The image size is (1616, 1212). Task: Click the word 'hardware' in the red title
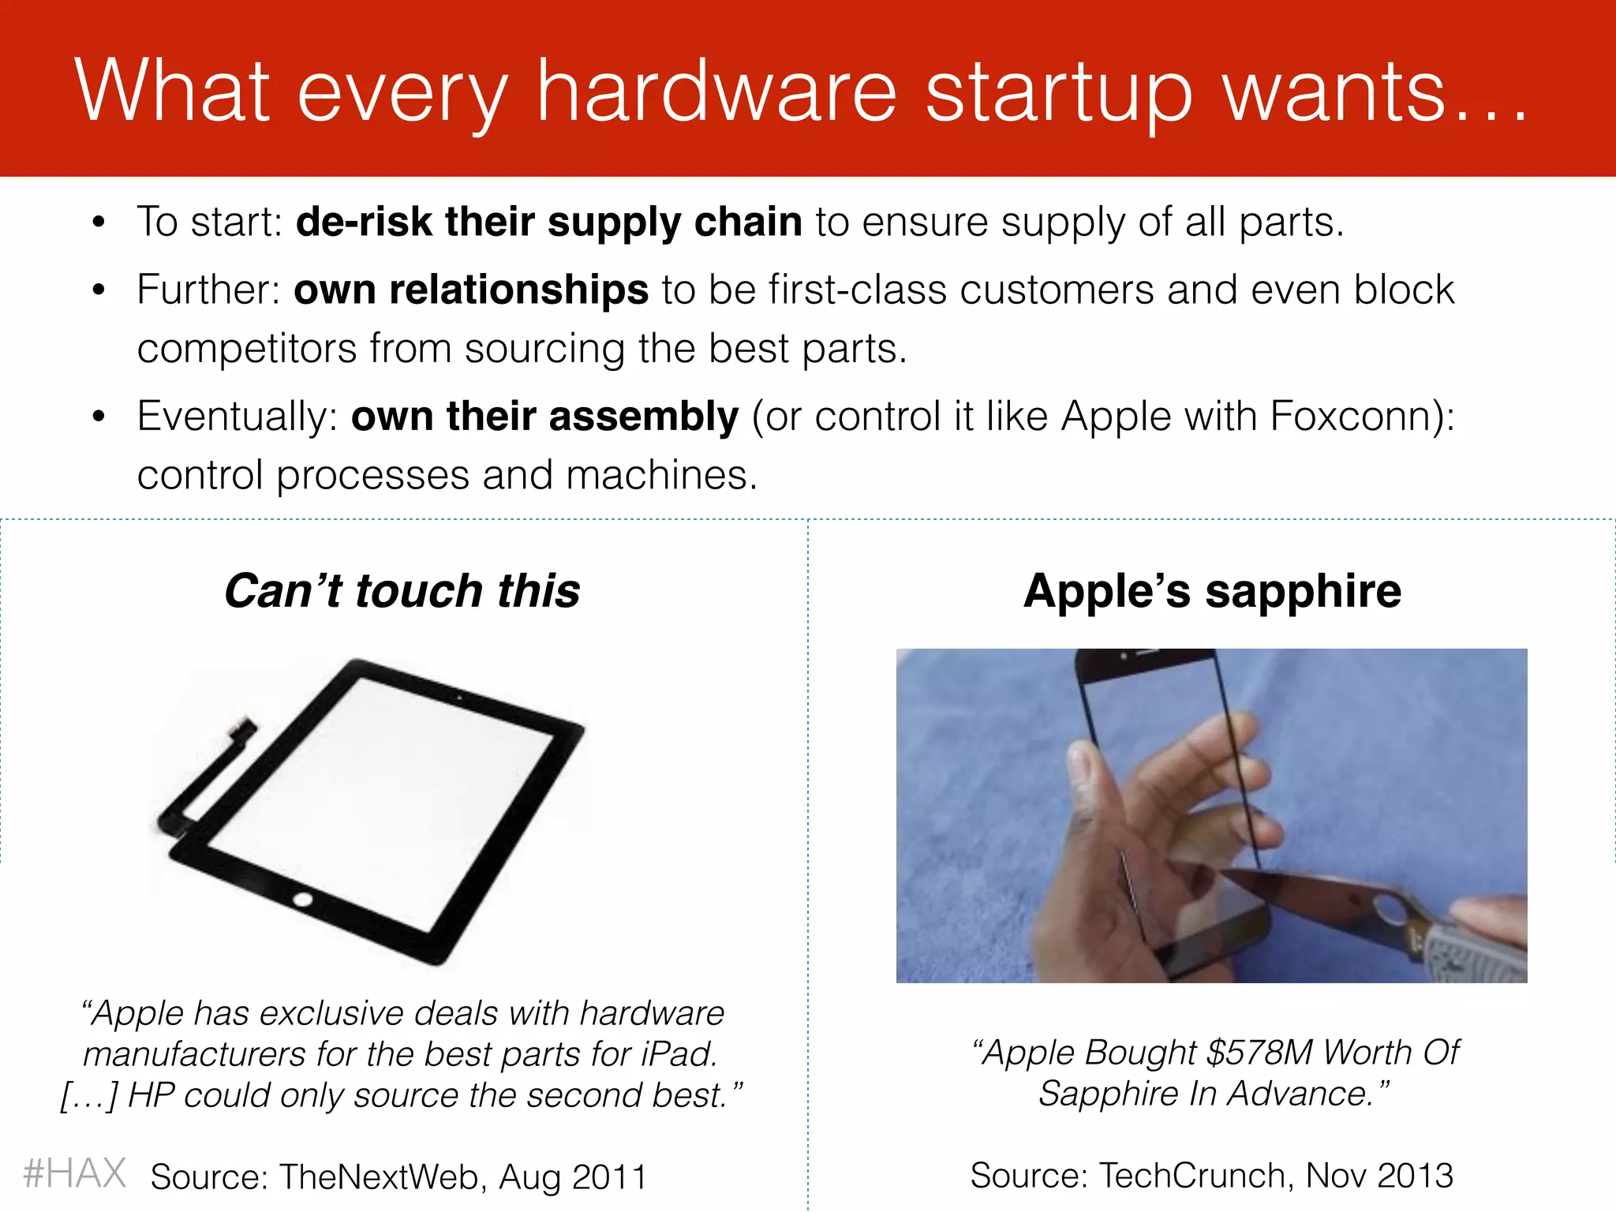tap(716, 92)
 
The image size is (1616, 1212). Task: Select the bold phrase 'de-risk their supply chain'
tap(549, 222)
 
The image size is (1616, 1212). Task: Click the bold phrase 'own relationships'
tap(471, 290)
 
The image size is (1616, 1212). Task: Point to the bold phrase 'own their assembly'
tap(544, 416)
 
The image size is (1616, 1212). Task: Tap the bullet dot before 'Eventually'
tap(98, 417)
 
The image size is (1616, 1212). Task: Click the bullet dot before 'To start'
tap(98, 223)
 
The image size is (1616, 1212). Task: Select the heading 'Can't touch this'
tap(402, 590)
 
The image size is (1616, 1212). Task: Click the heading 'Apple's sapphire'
tap(1212, 590)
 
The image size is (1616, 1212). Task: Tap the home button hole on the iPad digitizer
tap(302, 899)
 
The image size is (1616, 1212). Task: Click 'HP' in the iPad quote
tap(150, 1095)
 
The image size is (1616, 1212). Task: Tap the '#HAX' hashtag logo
tap(75, 1173)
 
